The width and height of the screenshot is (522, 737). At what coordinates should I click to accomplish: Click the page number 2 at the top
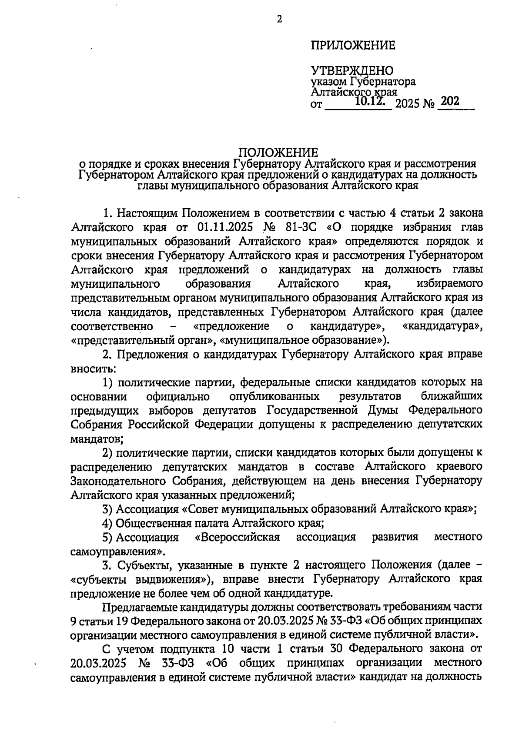click(279, 19)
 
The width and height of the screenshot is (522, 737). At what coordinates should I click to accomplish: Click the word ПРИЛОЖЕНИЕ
click(353, 45)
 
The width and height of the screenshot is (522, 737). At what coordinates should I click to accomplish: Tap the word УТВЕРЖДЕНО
click(352, 71)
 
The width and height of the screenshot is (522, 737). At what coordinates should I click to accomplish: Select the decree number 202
click(449, 101)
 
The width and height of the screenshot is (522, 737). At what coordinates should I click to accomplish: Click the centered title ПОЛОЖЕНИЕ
click(278, 152)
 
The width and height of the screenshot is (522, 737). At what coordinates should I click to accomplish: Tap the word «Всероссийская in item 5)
click(238, 537)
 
